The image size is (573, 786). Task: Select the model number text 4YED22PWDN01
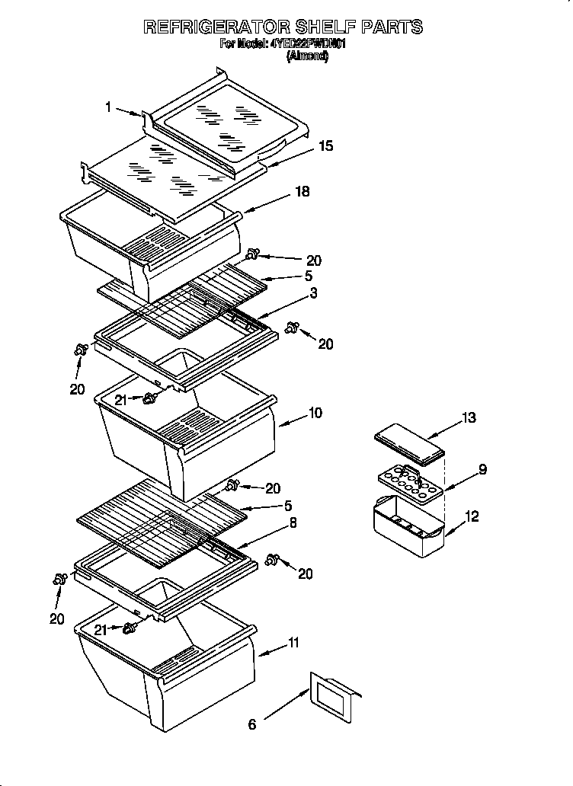tap(309, 44)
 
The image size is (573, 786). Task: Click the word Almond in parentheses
tap(308, 56)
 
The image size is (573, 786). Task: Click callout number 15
tap(326, 145)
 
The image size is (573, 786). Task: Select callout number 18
tap(303, 192)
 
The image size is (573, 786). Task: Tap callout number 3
tap(313, 292)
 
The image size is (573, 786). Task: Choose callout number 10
tap(315, 413)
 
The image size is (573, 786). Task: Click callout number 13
tap(469, 417)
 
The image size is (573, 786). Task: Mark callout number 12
tap(472, 517)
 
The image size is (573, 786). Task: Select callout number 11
tap(293, 644)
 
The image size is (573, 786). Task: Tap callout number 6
tap(252, 724)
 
